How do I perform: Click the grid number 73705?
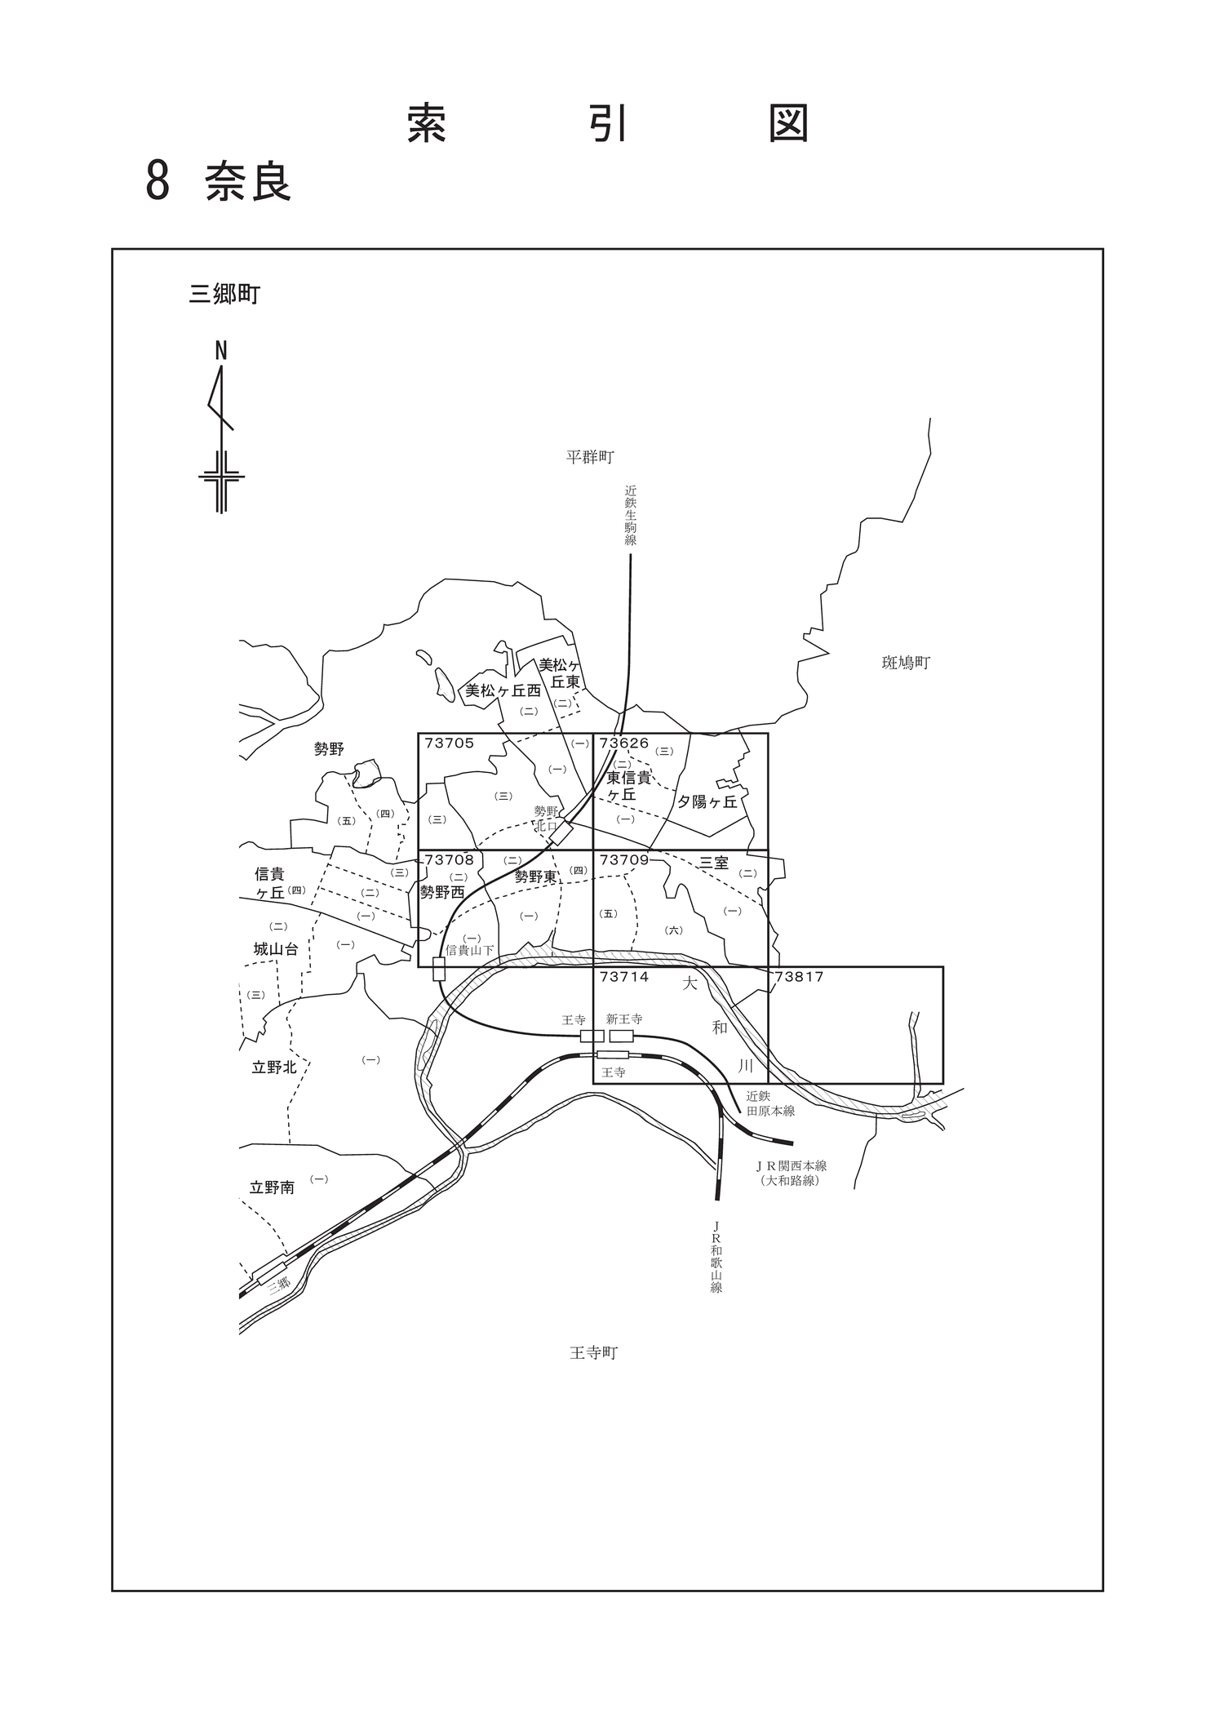[449, 743]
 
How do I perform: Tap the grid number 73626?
[623, 743]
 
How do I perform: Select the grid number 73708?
[449, 859]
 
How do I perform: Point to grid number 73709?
[623, 859]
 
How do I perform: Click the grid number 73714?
[623, 976]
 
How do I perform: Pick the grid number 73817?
[799, 976]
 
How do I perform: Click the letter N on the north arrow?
[220, 351]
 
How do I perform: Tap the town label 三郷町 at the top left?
[224, 294]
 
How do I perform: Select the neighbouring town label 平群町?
[590, 457]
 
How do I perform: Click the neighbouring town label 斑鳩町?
[906, 663]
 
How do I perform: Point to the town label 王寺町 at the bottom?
[594, 1353]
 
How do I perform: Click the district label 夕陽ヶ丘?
[707, 801]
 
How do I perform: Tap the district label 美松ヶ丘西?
[503, 690]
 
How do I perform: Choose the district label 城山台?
[276, 949]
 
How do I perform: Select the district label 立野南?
[272, 1187]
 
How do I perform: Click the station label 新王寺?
[624, 1019]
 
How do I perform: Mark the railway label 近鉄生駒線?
[631, 516]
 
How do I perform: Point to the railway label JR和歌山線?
[716, 1257]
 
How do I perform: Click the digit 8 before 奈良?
[157, 181]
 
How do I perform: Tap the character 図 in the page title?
[789, 123]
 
